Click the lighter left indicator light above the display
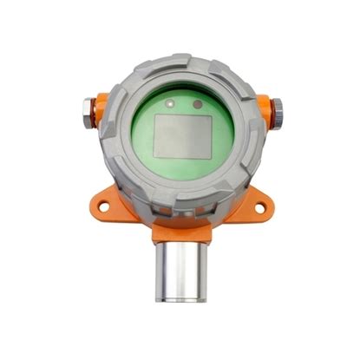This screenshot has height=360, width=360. [176, 102]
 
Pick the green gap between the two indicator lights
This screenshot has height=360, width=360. [187, 103]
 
